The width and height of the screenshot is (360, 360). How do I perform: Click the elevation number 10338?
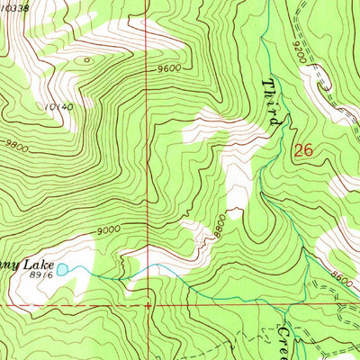[x=15, y=6]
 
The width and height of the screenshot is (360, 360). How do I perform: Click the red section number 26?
[x=303, y=151]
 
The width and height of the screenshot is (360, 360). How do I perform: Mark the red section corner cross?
[x=148, y=304]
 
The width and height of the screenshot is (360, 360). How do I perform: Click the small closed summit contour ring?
[x=85, y=61]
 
